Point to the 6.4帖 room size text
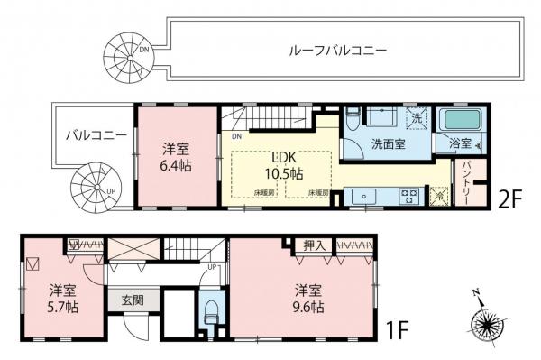(x=178, y=167)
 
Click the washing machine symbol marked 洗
(x=417, y=118)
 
